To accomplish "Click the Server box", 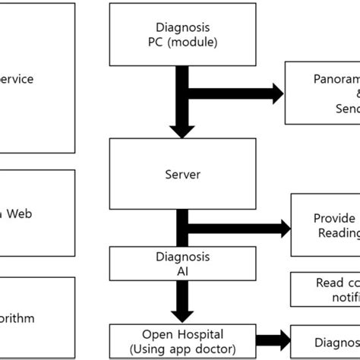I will pyautogui.click(x=182, y=175).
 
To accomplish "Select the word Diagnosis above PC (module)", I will pyautogui.click(x=182, y=27).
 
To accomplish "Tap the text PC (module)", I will pyautogui.click(x=182, y=43).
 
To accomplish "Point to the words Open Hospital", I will pyautogui.click(x=182, y=333).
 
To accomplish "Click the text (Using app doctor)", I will pyautogui.click(x=182, y=349).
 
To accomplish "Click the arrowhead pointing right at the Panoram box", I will pyautogui.click(x=274, y=93).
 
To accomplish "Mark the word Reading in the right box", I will pyautogui.click(x=338, y=233).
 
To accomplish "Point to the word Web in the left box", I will pyautogui.click(x=21, y=214).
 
